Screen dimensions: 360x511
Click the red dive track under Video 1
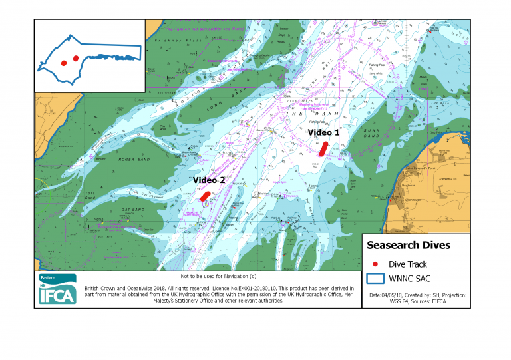click(323, 148)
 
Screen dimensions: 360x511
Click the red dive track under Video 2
click(205, 196)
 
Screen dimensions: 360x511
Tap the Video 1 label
click(323, 133)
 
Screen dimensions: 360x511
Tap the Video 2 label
click(209, 180)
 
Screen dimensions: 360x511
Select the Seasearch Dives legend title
click(409, 245)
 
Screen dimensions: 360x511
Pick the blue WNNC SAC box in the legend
click(376, 278)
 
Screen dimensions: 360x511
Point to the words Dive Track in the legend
click(408, 264)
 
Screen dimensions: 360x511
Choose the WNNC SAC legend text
click(412, 278)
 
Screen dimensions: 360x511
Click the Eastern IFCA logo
click(57, 290)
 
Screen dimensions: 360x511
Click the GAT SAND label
click(132, 210)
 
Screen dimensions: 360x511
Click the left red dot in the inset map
click(63, 63)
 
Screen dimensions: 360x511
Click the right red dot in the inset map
click(76, 58)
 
